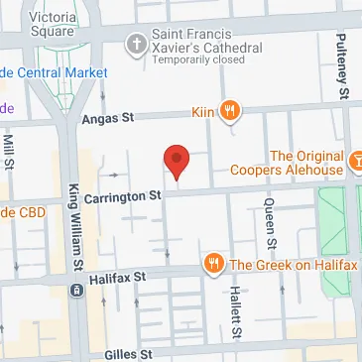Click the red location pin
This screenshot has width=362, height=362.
click(x=176, y=160)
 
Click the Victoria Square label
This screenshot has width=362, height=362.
click(x=54, y=24)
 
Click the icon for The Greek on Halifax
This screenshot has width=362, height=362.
click(x=213, y=264)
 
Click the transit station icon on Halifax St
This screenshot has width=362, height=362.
click(x=75, y=291)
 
